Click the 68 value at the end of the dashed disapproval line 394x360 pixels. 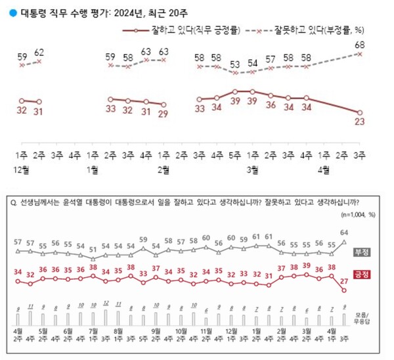pyautogui.click(x=361, y=44)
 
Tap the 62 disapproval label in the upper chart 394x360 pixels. pyautogui.click(x=39, y=51)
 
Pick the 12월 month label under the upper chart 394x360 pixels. pyautogui.click(x=24, y=169)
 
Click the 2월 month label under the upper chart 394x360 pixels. pyautogui.click(x=163, y=169)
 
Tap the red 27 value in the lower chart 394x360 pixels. pyautogui.click(x=344, y=281)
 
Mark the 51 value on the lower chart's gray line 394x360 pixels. pyautogui.click(x=93, y=249)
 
